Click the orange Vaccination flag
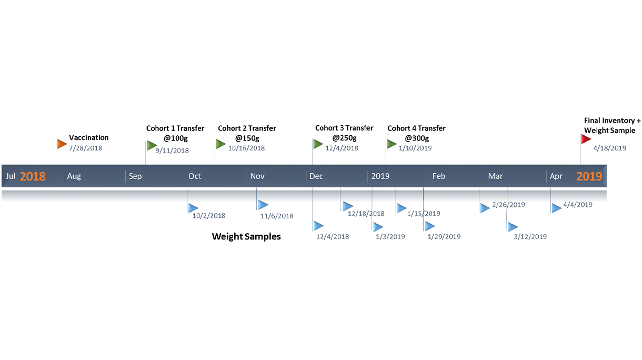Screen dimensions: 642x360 62,144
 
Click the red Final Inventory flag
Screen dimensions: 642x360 586,139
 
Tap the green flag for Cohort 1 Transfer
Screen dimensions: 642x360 152,146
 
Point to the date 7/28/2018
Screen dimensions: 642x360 85,148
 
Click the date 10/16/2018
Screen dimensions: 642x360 246,148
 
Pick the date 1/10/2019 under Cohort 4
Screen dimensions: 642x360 415,148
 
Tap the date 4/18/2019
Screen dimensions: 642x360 609,148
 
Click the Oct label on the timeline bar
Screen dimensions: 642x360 195,176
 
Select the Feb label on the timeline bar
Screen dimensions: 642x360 439,176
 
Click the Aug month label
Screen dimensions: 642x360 74,176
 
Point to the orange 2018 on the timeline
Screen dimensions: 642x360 33,176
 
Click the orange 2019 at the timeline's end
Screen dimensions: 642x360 589,176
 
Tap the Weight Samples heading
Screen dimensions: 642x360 246,236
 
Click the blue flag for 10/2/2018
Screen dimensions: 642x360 193,208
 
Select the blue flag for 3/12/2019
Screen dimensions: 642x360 513,227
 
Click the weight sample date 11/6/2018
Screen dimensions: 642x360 277,216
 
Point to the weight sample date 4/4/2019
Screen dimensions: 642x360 578,205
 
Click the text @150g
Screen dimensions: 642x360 247,138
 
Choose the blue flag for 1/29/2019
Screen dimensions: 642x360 430,226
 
